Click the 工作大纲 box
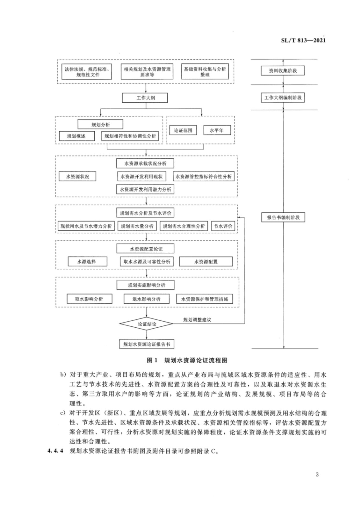click(145, 98)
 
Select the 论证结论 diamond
click(146, 324)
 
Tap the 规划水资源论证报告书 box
click(147, 344)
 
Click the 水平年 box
click(217, 130)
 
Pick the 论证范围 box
click(183, 130)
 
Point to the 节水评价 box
click(223, 226)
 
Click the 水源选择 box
click(87, 262)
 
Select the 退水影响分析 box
click(147, 299)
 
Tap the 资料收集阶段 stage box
click(283, 70)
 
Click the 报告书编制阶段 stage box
click(283, 217)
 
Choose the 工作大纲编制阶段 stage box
click(283, 98)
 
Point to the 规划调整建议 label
click(197, 320)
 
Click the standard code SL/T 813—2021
click(303, 40)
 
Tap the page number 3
click(317, 475)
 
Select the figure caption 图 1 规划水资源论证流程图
click(187, 360)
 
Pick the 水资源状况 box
click(77, 177)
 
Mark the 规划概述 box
click(77, 136)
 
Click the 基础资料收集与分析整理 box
click(205, 71)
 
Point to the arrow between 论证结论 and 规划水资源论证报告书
click(147, 335)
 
